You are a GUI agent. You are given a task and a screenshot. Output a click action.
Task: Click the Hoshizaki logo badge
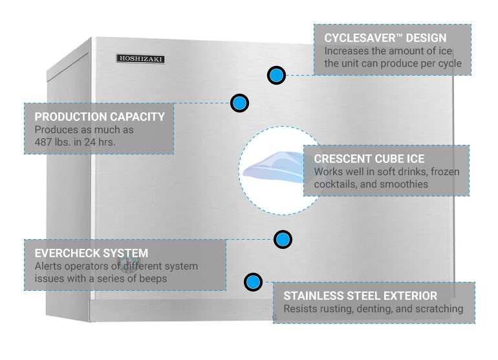pyautogui.click(x=140, y=59)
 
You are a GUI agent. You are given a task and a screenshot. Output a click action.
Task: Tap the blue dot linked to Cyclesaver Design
pyautogui.click(x=276, y=75)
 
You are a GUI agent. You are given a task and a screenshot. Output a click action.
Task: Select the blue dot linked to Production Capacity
pyautogui.click(x=239, y=102)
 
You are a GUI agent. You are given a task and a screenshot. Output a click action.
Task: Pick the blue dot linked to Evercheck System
pyautogui.click(x=281, y=240)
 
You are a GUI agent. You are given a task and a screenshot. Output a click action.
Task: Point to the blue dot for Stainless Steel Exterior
pyautogui.click(x=253, y=282)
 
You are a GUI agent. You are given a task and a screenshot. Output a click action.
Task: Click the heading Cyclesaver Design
pyautogui.click(x=385, y=37)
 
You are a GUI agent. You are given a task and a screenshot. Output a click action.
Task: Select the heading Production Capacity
pyautogui.click(x=100, y=117)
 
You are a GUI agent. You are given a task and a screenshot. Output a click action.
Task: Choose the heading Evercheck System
pyautogui.click(x=91, y=253)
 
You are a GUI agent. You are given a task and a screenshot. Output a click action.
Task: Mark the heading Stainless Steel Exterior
pyautogui.click(x=360, y=295)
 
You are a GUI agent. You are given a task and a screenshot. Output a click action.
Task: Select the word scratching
pyautogui.click(x=438, y=309)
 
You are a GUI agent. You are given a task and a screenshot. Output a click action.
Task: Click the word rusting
pyautogui.click(x=337, y=309)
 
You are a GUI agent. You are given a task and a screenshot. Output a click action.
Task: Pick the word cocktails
pyautogui.click(x=336, y=184)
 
